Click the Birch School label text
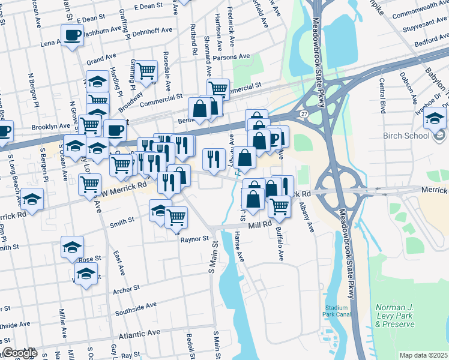pos(405,135)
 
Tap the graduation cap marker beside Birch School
pos(435,120)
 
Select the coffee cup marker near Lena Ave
pos(72,35)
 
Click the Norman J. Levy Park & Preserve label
pos(395,316)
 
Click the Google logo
pos(20,353)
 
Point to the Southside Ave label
pos(136,308)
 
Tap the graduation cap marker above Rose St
pos(72,247)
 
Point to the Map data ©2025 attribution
pos(424,355)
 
